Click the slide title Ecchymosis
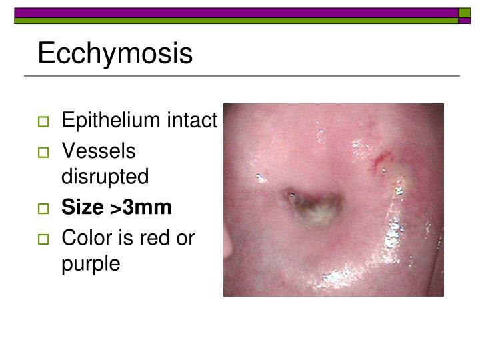pyautogui.click(x=115, y=54)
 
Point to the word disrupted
pyautogui.click(x=105, y=177)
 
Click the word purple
pyautogui.click(x=91, y=264)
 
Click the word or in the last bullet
pyautogui.click(x=187, y=238)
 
